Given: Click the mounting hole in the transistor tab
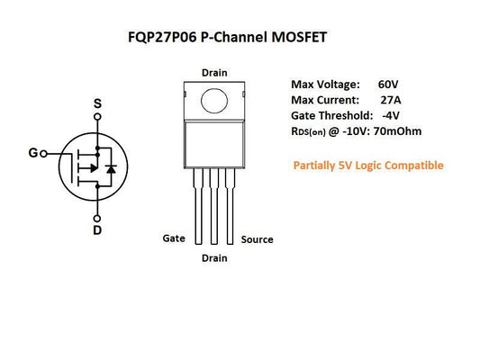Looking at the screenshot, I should coord(214,98).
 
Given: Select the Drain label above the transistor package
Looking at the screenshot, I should coord(214,72).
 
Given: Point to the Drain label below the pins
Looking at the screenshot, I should coord(214,258).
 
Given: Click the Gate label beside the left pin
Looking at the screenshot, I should coord(174,238).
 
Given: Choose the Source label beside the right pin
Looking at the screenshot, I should coord(257,239).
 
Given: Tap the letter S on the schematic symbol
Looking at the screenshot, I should coord(97,103).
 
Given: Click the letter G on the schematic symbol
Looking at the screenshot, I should coord(33,153).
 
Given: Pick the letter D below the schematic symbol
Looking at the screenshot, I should coord(97,230).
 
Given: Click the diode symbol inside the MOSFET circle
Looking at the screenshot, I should coord(111,168).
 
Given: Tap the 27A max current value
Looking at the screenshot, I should coord(391,100).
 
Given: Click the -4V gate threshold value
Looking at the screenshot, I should coord(390,116).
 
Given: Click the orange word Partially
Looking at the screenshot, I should coord(316,166).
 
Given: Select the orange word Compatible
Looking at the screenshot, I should coord(412,166).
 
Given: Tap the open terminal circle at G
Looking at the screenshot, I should coord(44,154).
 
